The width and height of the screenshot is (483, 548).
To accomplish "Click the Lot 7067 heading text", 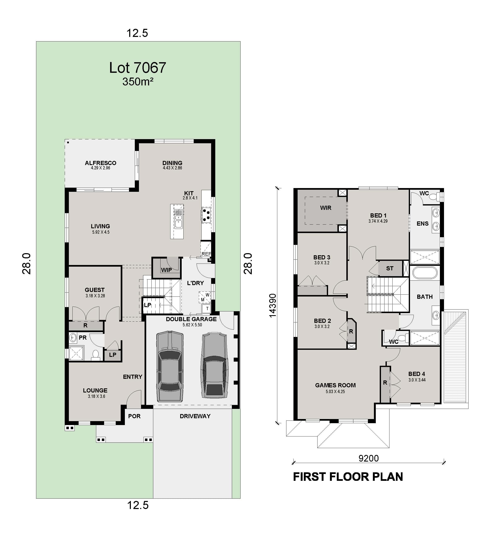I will coord(137,68).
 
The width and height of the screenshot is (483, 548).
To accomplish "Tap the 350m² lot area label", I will coord(137,81).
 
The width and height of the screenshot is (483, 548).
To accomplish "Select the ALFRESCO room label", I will coord(101,163).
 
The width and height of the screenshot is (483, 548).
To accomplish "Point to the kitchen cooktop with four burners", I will coord(206,215).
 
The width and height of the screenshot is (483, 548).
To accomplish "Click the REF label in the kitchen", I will coord(206,254).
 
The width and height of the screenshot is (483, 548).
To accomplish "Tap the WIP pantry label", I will coord(166,270).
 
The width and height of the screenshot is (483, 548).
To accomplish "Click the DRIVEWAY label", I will coord(195,416).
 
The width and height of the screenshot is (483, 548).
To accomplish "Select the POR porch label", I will coord(134,416).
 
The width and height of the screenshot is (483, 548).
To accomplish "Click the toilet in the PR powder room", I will coord(95,355).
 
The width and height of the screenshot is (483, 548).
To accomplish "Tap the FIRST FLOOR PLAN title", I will coord(348,477).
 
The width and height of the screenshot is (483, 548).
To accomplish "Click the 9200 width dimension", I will coord(369,458).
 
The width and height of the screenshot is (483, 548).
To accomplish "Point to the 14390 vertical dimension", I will coord(273,305).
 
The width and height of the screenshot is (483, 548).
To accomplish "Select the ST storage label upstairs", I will coord(390,268).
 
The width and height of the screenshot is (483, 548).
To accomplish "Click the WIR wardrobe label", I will coord(326,208).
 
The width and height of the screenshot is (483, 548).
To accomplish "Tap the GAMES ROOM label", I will coord(335,385).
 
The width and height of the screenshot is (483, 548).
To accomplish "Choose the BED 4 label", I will coord(416,374).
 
